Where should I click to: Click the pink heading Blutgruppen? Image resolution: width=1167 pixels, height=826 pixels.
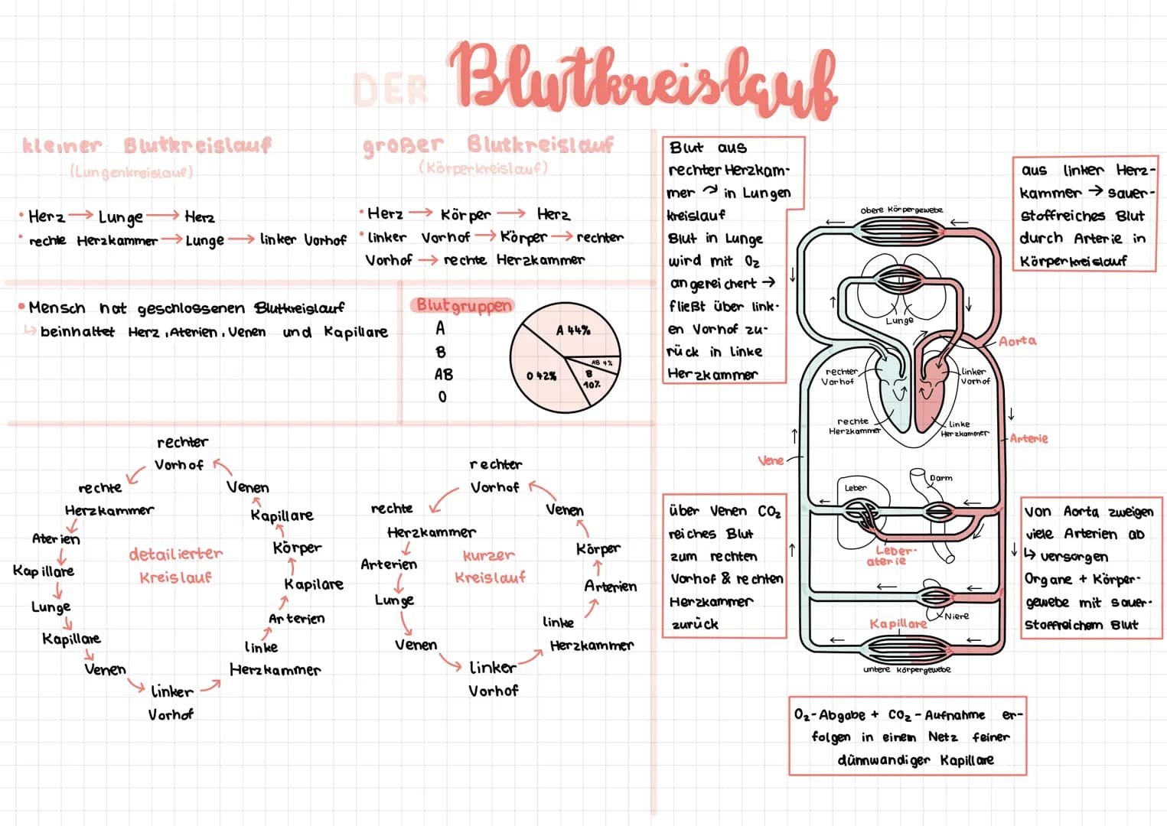(464, 305)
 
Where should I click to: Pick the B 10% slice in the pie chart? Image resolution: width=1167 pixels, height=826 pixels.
(591, 379)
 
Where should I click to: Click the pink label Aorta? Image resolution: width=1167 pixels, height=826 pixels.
(1017, 341)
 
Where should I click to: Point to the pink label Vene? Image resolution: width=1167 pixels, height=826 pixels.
(770, 460)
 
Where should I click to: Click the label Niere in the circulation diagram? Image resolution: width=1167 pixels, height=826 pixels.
(957, 616)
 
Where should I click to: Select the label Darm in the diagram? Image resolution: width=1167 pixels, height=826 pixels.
(940, 478)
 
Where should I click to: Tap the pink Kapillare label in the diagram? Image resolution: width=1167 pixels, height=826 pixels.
(898, 624)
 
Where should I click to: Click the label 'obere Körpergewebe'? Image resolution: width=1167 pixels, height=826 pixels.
(901, 210)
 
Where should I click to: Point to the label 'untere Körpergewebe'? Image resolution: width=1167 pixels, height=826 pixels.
(907, 670)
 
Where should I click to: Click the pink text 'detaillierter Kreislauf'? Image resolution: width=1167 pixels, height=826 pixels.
(175, 564)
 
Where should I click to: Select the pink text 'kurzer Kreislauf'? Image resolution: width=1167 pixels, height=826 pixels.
(490, 566)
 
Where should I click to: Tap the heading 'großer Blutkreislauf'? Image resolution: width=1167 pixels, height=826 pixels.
(487, 144)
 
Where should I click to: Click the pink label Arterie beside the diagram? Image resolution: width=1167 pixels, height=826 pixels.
(1028, 438)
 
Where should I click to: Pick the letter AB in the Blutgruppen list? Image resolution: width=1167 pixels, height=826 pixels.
(443, 375)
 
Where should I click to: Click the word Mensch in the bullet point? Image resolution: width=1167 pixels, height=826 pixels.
(57, 307)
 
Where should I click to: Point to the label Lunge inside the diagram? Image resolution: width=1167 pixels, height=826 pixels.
(899, 321)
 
